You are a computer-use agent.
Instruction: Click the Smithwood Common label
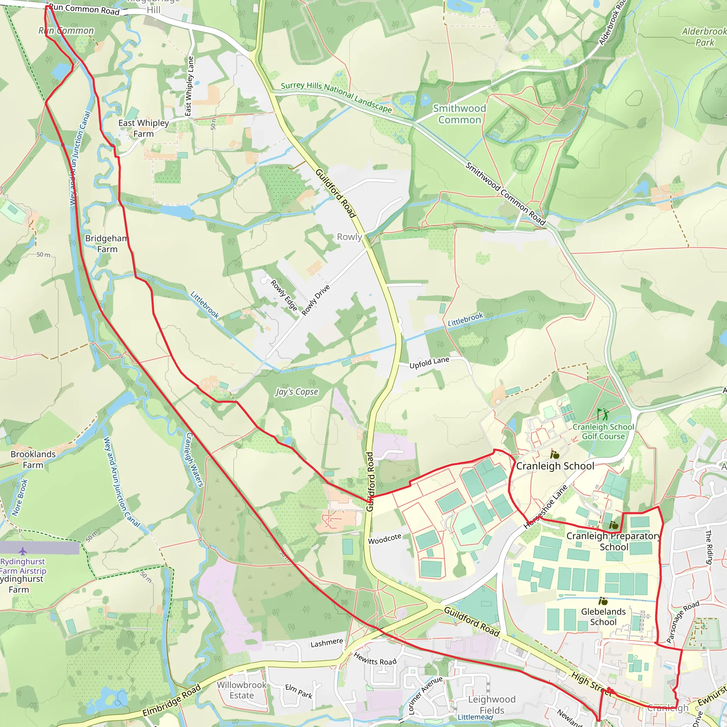(459, 114)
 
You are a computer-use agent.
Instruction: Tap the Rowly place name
(349, 237)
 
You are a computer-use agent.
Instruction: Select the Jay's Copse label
(296, 392)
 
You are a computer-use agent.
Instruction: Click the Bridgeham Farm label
(107, 244)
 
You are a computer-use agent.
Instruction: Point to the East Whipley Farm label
(143, 128)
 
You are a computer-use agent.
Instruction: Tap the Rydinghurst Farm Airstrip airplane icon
(23, 552)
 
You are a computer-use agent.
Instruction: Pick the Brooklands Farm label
(33, 459)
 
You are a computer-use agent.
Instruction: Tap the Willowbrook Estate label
(242, 690)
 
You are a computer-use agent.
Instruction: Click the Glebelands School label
(603, 617)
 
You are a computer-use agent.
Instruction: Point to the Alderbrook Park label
(704, 37)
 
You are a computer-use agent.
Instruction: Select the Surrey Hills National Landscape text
(337, 97)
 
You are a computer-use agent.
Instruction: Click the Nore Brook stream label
(20, 497)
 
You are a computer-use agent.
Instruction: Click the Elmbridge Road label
(171, 701)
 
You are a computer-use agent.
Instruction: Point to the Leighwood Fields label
(491, 704)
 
